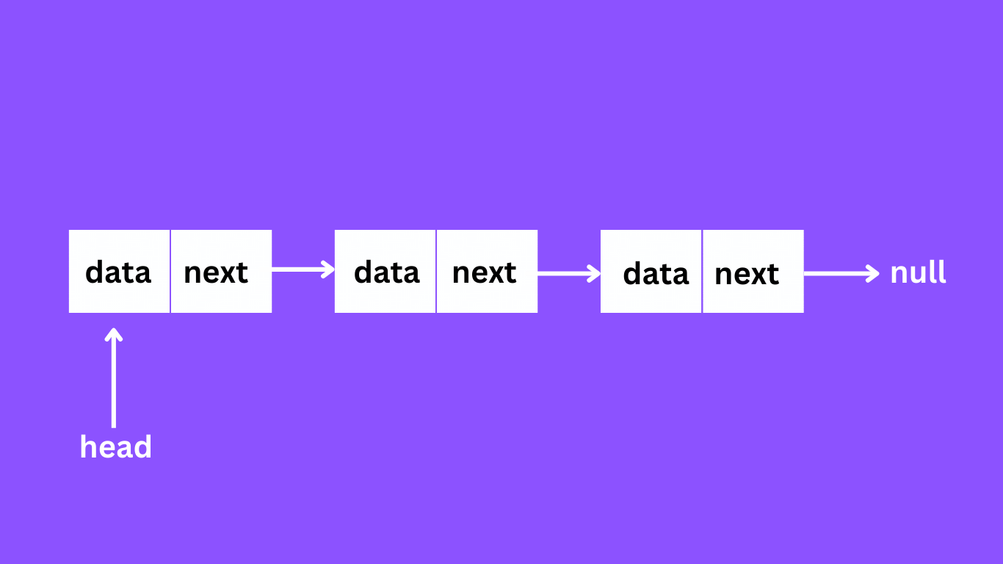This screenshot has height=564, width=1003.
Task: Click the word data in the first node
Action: (118, 272)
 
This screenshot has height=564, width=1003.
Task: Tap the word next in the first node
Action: (216, 272)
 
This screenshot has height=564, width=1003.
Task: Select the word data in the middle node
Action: (387, 272)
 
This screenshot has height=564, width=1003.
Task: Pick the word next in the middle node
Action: (485, 272)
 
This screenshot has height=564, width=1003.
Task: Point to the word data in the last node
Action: (656, 273)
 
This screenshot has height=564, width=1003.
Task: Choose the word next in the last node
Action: (747, 274)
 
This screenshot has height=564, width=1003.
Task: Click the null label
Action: (919, 272)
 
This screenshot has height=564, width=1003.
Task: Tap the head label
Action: (116, 446)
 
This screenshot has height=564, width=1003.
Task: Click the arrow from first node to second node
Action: (303, 270)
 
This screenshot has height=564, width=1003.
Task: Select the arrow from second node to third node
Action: (569, 274)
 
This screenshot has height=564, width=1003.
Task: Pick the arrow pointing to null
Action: (841, 274)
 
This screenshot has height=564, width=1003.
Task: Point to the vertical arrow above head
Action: (114, 378)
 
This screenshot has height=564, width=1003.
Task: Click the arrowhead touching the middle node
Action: (329, 270)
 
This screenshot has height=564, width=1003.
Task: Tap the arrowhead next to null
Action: (873, 274)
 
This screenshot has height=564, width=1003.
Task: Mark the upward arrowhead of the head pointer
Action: (114, 335)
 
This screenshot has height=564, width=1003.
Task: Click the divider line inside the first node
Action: (170, 272)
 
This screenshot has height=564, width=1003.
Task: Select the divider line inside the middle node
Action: (436, 272)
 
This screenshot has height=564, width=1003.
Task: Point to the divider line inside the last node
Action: (702, 272)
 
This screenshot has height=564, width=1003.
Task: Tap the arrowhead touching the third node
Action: (595, 274)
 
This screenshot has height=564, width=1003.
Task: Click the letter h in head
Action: (88, 446)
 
